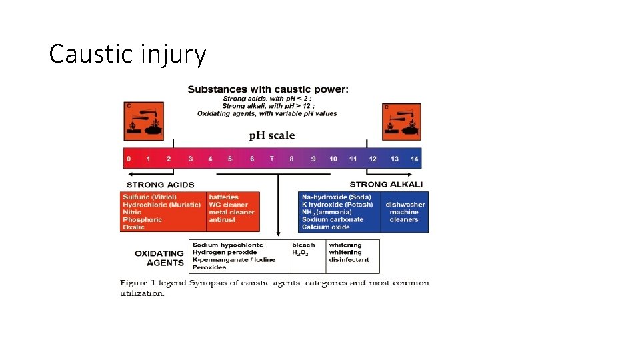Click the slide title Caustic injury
click(x=127, y=54)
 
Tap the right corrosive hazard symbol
click(x=401, y=121)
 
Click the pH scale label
click(x=272, y=135)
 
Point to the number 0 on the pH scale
click(x=129, y=159)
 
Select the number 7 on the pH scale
click(x=271, y=159)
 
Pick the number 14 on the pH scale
click(x=415, y=159)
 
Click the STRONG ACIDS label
click(x=161, y=185)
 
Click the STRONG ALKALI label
click(x=386, y=184)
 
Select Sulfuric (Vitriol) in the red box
click(x=150, y=197)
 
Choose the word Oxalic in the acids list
click(x=133, y=227)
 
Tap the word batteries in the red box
click(x=223, y=197)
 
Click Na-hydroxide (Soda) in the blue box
click(x=337, y=197)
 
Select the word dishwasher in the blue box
click(x=405, y=205)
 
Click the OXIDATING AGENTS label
click(x=159, y=258)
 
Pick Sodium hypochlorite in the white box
click(x=228, y=245)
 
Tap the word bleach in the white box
click(x=303, y=245)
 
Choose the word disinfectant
click(x=349, y=260)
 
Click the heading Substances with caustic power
click(x=267, y=89)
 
